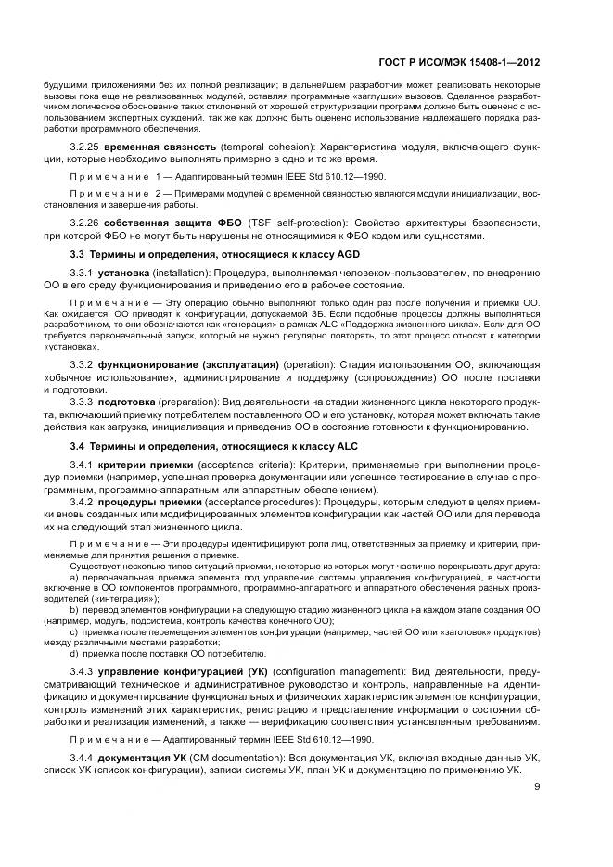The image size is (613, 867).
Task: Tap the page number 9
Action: point(538,789)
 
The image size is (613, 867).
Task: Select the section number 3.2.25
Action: point(86,147)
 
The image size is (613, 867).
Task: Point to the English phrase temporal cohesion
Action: point(261,147)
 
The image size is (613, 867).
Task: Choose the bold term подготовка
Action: point(131,401)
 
